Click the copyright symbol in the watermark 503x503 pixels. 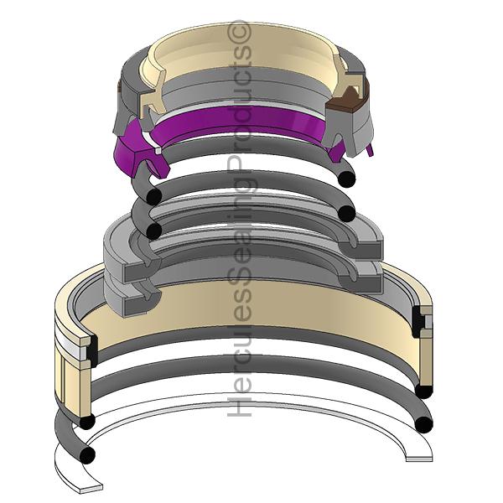(238, 33)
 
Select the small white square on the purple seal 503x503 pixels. (158, 150)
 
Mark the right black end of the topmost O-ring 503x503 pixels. (346, 179)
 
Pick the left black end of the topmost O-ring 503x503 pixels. (154, 196)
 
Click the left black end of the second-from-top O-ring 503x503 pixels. (154, 231)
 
